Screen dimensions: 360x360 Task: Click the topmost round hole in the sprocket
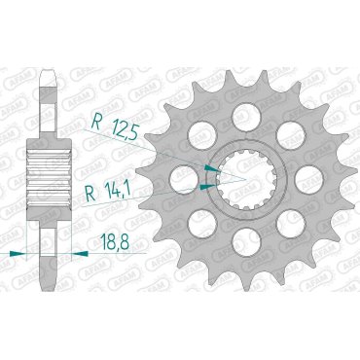click(x=237, y=101)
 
